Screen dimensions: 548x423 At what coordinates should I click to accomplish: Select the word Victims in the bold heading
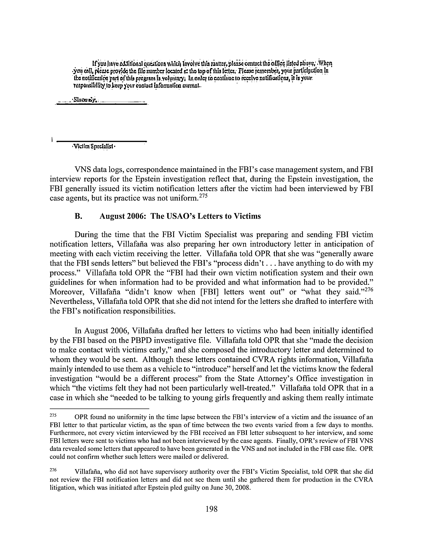[x=247, y=216]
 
